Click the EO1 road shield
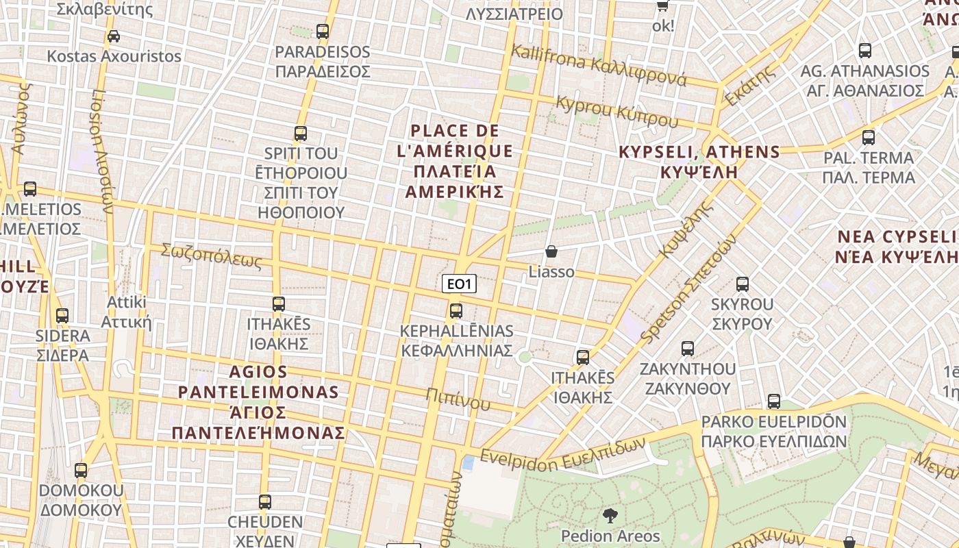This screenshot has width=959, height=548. pyautogui.click(x=459, y=284)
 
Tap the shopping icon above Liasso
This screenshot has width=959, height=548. pyautogui.click(x=551, y=252)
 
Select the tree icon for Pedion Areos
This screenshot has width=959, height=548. pyautogui.click(x=610, y=516)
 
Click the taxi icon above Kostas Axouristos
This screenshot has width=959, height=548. pyautogui.click(x=114, y=36)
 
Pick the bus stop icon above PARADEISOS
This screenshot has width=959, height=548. pyautogui.click(x=323, y=32)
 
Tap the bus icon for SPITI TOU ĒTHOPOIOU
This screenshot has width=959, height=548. pyautogui.click(x=301, y=134)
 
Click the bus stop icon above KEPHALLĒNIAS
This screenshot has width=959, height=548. pyautogui.click(x=456, y=311)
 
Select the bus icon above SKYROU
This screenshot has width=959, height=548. pyautogui.click(x=742, y=284)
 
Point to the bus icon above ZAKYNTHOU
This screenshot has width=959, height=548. pyautogui.click(x=688, y=349)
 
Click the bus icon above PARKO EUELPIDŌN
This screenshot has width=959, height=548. pyautogui.click(x=774, y=401)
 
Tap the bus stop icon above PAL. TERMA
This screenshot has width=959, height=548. pyautogui.click(x=869, y=138)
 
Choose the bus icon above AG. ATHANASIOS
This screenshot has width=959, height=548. pyautogui.click(x=865, y=51)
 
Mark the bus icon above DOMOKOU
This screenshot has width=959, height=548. pyautogui.click(x=81, y=471)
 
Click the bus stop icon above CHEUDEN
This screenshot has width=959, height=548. pyautogui.click(x=265, y=502)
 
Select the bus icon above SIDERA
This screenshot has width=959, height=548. pyautogui.click(x=62, y=316)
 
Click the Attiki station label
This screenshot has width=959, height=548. pyautogui.click(x=127, y=312)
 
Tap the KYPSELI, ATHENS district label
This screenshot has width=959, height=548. pyautogui.click(x=699, y=162)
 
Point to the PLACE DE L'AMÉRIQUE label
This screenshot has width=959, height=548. pyautogui.click(x=455, y=161)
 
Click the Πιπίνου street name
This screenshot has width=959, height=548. pyautogui.click(x=458, y=399)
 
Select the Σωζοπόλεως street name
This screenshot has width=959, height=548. pyautogui.click(x=212, y=256)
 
